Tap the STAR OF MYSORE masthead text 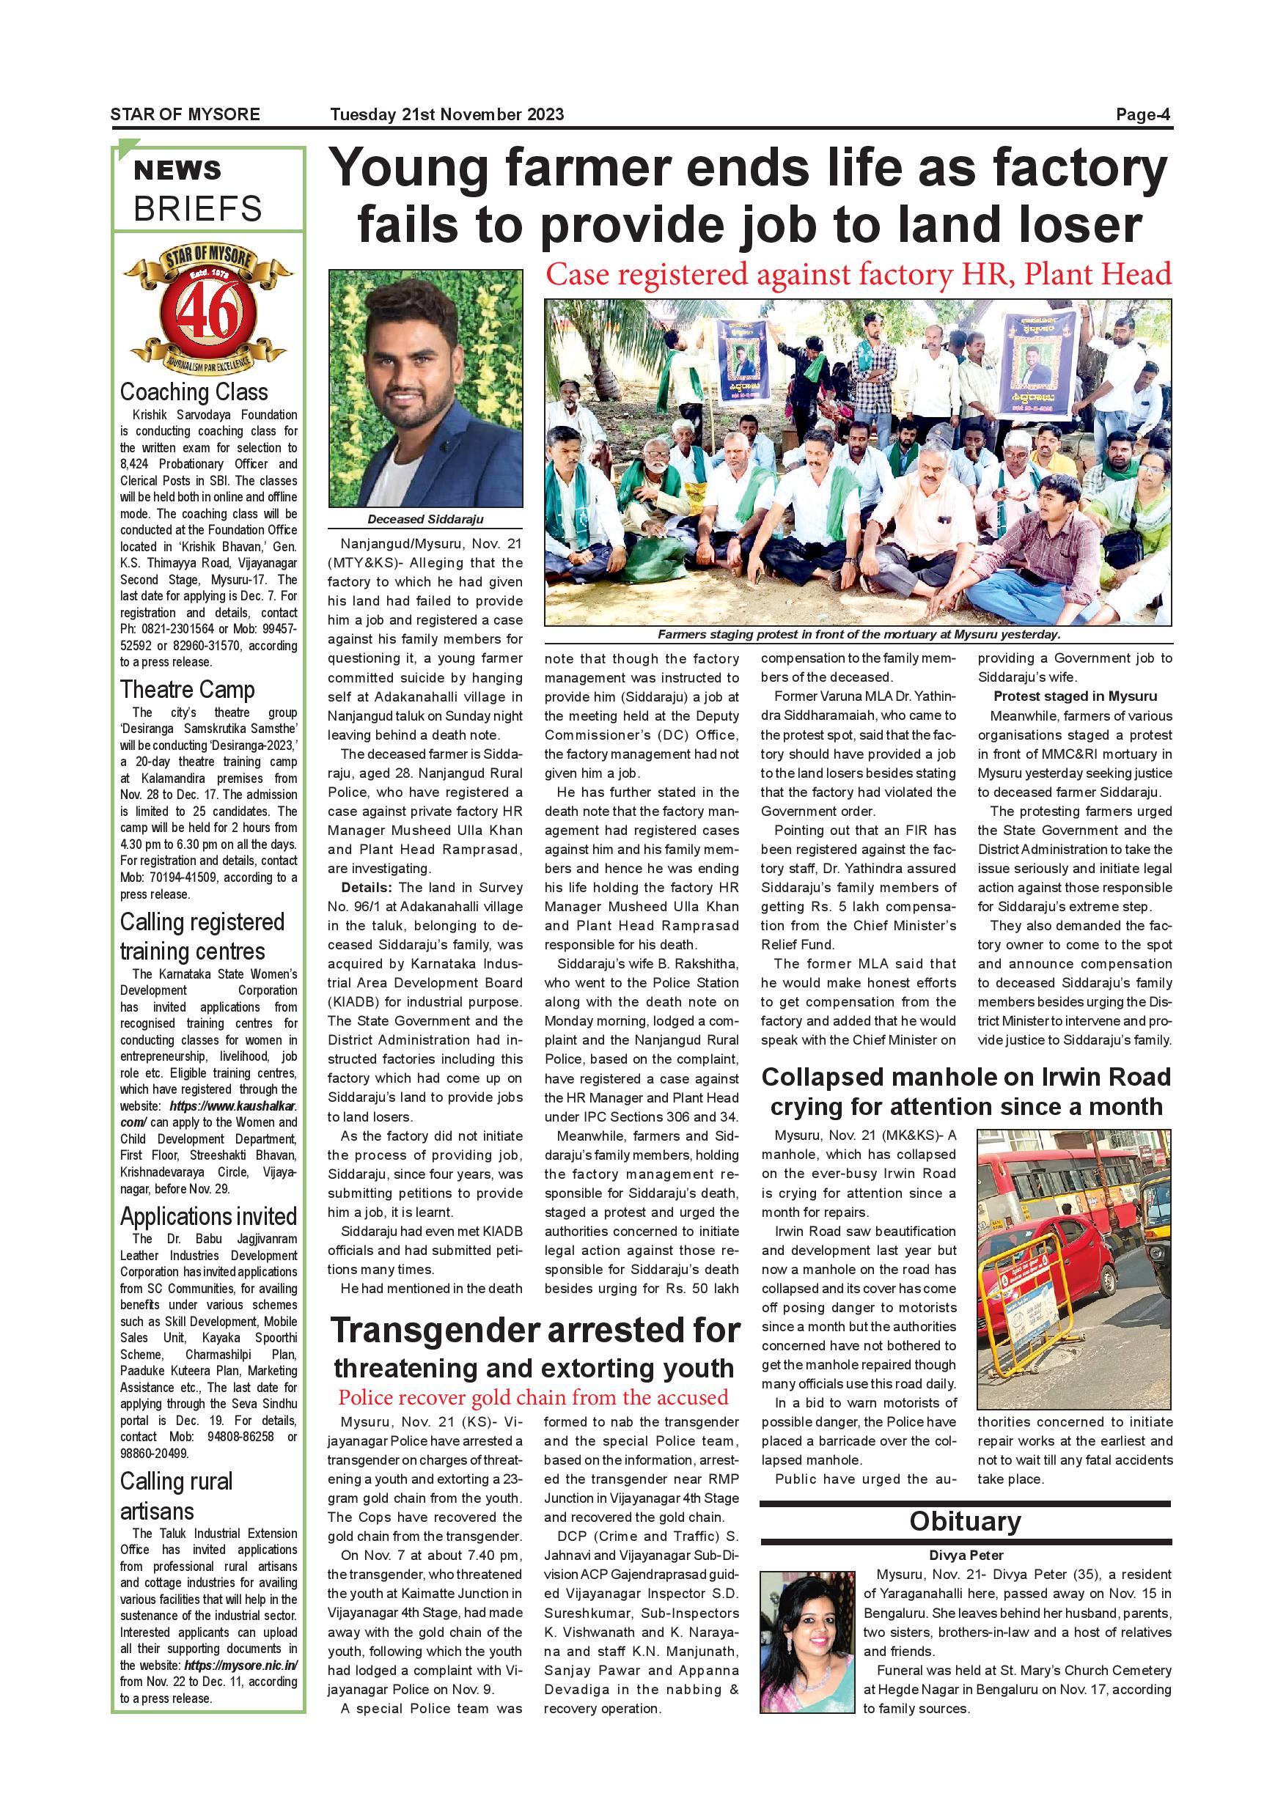(185, 114)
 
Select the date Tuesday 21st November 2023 (447, 114)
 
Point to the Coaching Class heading (194, 392)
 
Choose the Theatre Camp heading (188, 690)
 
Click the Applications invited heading (208, 1216)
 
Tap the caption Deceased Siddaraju (425, 520)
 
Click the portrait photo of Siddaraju (425, 388)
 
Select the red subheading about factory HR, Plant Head (858, 275)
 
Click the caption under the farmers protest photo (858, 634)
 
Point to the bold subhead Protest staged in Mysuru (1075, 696)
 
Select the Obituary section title (965, 1521)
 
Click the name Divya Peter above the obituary (966, 1555)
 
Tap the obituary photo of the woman (807, 1642)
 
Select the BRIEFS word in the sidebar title (198, 209)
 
